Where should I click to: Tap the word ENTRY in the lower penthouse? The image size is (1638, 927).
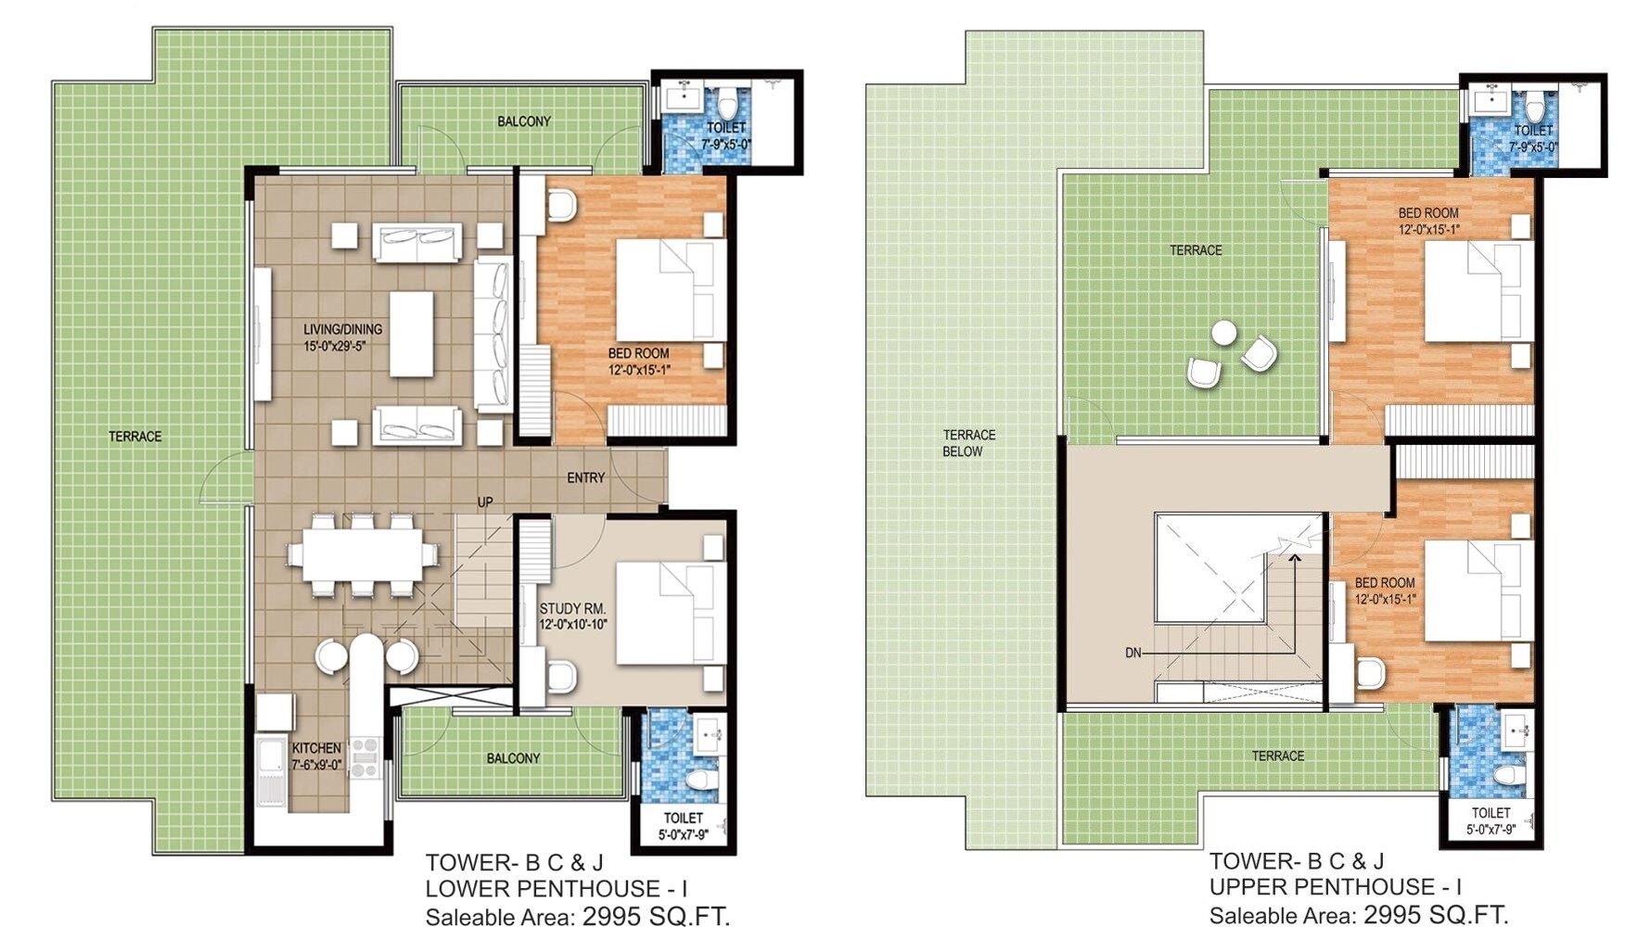585,477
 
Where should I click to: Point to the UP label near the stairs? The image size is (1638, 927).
485,502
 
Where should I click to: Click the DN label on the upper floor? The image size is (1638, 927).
1133,653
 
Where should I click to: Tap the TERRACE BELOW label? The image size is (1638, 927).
968,443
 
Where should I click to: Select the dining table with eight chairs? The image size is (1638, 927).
362,554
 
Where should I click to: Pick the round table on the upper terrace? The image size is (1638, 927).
1223,332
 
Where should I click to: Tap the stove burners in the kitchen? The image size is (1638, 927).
364,756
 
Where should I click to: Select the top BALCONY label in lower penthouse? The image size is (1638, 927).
523,121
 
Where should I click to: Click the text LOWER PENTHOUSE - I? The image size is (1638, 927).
556,889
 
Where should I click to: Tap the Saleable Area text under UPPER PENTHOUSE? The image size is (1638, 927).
1357,915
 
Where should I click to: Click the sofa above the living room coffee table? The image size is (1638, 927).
416,243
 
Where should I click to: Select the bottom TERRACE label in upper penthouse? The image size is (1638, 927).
1277,756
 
